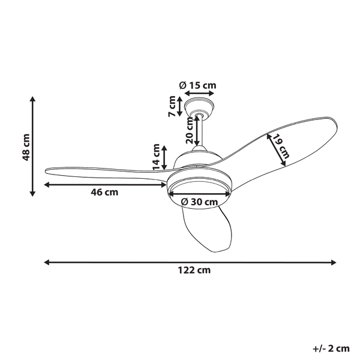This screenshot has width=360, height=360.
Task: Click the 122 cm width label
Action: (x=194, y=270)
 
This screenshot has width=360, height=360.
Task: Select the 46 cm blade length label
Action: (x=104, y=193)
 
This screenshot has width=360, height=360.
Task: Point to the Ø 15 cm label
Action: (x=199, y=85)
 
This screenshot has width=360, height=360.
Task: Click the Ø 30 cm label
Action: (x=199, y=202)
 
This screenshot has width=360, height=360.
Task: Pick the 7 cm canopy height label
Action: (x=172, y=106)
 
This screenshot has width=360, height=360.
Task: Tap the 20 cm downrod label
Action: (x=189, y=130)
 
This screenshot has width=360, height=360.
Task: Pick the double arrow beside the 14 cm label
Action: (x=164, y=157)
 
